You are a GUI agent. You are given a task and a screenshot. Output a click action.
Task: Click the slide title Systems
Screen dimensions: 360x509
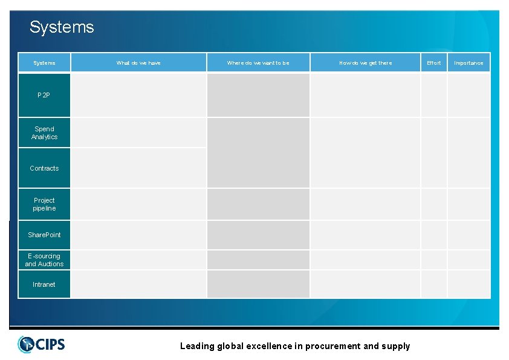tap(62, 27)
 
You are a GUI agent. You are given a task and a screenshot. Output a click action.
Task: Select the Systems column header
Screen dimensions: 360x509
tap(44, 63)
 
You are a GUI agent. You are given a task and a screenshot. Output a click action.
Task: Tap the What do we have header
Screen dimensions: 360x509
tap(138, 63)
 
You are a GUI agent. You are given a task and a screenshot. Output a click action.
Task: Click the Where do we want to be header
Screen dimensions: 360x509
tap(258, 63)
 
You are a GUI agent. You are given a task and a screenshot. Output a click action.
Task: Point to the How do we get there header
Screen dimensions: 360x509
tap(365, 63)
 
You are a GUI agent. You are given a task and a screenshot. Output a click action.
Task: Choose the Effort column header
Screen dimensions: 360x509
tap(434, 63)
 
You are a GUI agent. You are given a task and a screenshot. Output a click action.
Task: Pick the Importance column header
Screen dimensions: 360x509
tap(468, 63)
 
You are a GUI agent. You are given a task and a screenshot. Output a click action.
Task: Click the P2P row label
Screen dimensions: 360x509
tap(44, 96)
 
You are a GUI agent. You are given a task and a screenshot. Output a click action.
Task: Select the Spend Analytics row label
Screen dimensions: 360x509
tap(44, 133)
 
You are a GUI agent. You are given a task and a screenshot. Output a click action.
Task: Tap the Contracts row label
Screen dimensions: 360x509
tap(44, 168)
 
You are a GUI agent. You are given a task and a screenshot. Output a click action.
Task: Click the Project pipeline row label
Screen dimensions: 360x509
tap(44, 205)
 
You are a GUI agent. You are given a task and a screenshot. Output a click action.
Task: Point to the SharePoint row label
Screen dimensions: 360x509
tap(44, 235)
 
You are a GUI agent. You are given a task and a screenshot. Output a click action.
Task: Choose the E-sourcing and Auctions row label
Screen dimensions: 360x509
tap(44, 260)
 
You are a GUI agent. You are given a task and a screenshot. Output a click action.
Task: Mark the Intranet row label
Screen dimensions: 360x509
tap(44, 284)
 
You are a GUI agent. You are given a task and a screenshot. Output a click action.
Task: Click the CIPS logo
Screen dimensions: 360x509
tap(41, 344)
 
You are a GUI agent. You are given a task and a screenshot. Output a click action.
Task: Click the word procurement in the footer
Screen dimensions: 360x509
tap(332, 346)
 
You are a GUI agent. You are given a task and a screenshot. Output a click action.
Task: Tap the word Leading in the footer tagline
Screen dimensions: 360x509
tap(197, 346)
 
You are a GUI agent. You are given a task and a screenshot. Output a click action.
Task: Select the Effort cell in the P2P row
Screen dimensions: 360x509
tap(434, 95)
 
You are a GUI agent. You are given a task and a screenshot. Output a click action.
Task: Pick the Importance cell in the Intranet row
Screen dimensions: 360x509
tap(468, 284)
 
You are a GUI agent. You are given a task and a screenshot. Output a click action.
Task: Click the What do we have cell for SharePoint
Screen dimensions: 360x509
tap(138, 235)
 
